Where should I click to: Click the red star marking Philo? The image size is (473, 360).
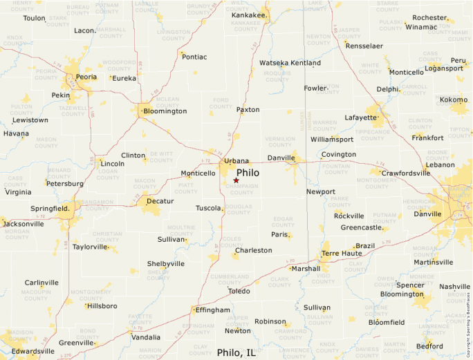(x=236, y=180)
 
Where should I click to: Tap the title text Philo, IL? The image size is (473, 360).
(x=236, y=352)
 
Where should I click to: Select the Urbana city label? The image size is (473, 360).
(x=236, y=161)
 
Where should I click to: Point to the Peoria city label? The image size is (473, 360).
(x=86, y=77)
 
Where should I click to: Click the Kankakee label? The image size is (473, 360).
(x=249, y=15)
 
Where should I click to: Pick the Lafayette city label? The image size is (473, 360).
(x=361, y=117)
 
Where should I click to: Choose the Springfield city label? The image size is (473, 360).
(x=50, y=208)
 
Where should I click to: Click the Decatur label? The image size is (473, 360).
(x=160, y=201)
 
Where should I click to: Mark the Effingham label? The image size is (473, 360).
(x=212, y=310)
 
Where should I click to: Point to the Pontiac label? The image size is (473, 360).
(x=194, y=57)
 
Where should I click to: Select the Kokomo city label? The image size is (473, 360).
(x=454, y=100)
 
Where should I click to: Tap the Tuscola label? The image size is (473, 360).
(x=208, y=208)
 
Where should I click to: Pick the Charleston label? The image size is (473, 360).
(x=253, y=250)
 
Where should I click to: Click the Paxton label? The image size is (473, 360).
(x=248, y=110)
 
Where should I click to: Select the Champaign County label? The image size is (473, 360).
(x=242, y=189)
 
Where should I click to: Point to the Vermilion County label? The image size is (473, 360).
(x=280, y=142)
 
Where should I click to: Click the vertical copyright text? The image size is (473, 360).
(x=468, y=325)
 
